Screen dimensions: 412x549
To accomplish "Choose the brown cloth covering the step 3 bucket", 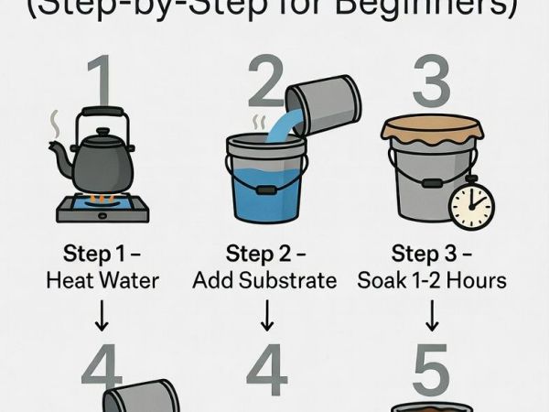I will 436,132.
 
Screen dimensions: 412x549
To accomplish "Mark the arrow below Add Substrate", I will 267,317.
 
